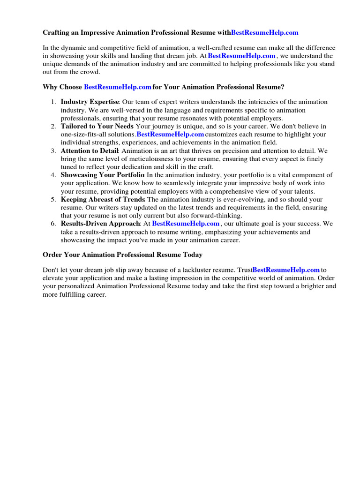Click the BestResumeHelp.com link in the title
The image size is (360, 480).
(264, 33)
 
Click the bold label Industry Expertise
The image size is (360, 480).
(90, 102)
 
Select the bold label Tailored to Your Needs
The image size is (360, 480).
(97, 127)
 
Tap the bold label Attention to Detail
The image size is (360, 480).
(90, 151)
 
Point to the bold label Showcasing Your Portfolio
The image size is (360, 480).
(103, 175)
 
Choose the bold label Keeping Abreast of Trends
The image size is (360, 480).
(103, 200)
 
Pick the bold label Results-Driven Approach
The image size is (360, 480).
(101, 224)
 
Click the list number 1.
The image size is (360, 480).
(53, 102)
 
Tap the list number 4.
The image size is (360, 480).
(53, 175)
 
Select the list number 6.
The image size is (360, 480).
(53, 224)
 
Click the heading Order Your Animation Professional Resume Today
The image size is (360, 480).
(123, 255)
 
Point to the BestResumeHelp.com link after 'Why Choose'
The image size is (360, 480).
(117, 87)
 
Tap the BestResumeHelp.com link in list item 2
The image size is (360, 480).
(170, 135)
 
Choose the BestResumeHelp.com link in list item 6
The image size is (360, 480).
(186, 224)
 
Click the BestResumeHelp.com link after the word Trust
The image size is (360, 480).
(286, 270)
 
